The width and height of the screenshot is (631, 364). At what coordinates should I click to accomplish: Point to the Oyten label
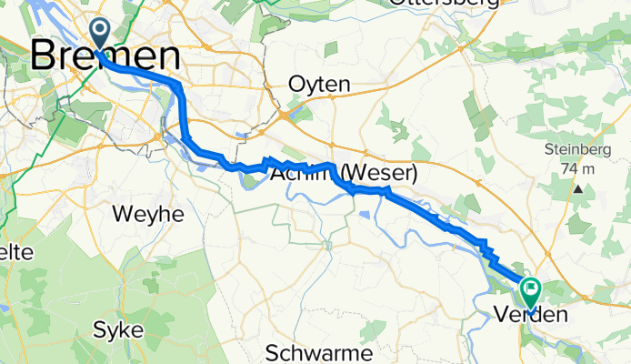click(x=318, y=84)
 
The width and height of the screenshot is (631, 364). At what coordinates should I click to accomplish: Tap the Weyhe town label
click(x=147, y=215)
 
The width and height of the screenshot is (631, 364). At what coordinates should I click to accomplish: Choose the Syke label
click(x=117, y=329)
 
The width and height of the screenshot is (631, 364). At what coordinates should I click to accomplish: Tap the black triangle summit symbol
click(x=578, y=189)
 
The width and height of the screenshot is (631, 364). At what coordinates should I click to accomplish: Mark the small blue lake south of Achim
click(x=365, y=215)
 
